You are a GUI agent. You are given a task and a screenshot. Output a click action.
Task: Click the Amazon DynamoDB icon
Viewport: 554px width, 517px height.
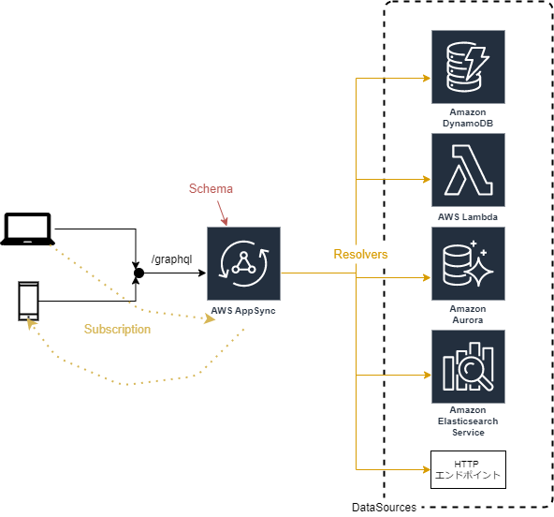(468, 66)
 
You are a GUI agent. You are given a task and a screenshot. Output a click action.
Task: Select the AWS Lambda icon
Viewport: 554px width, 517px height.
(468, 170)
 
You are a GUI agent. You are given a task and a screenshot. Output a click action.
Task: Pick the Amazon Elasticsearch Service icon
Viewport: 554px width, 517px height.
(468, 366)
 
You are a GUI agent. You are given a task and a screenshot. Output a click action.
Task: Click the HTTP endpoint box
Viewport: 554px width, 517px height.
(468, 469)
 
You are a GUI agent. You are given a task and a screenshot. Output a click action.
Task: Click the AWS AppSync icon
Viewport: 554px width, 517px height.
(244, 263)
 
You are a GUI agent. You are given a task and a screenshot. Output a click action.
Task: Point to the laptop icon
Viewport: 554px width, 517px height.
(28, 229)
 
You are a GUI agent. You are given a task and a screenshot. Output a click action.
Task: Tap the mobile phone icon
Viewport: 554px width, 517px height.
(29, 301)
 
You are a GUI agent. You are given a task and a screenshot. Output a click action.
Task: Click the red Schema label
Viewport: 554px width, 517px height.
(211, 188)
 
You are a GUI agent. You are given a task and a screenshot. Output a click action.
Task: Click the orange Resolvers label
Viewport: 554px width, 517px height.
(361, 254)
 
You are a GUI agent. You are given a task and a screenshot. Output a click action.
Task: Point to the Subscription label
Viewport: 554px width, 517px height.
(117, 330)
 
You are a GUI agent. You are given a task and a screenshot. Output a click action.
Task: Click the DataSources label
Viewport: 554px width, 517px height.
(384, 508)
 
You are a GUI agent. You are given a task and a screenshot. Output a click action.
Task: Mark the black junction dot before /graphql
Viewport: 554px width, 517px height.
(138, 273)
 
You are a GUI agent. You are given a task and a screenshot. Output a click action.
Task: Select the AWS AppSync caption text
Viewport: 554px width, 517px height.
(243, 310)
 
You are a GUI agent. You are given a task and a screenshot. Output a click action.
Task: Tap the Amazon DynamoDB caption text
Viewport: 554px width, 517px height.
(468, 117)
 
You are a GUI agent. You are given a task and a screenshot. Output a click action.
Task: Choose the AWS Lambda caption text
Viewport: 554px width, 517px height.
(468, 216)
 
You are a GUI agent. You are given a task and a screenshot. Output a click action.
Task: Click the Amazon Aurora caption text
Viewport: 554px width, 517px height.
(468, 314)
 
